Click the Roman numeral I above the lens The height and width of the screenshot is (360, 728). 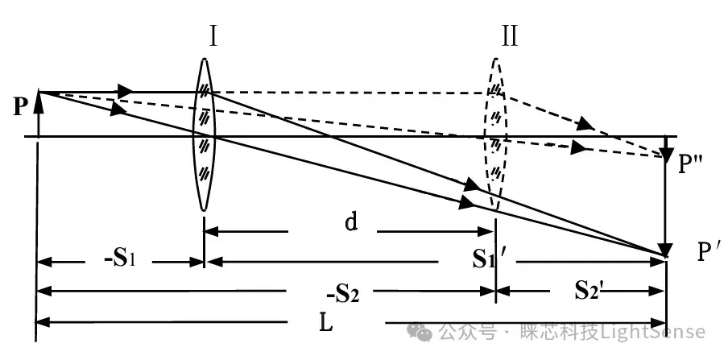click(212, 37)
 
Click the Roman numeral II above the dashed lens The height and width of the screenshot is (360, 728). click(509, 37)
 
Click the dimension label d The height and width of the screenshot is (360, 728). click(350, 222)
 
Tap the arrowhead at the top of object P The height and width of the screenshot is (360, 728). click(38, 98)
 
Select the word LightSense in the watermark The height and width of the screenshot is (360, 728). click(658, 331)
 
